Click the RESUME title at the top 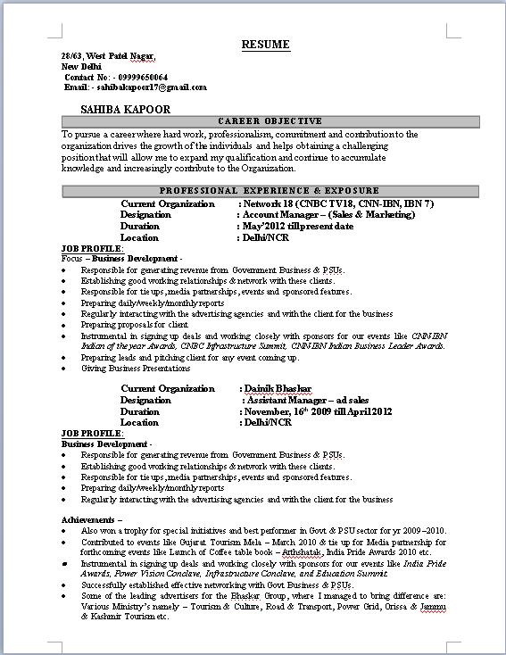[x=265, y=45]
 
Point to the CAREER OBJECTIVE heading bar [x=270, y=121]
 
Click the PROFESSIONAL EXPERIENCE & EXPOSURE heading [x=270, y=191]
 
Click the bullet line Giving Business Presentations [x=135, y=368]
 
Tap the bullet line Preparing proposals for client [x=137, y=325]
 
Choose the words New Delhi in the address [x=81, y=67]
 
